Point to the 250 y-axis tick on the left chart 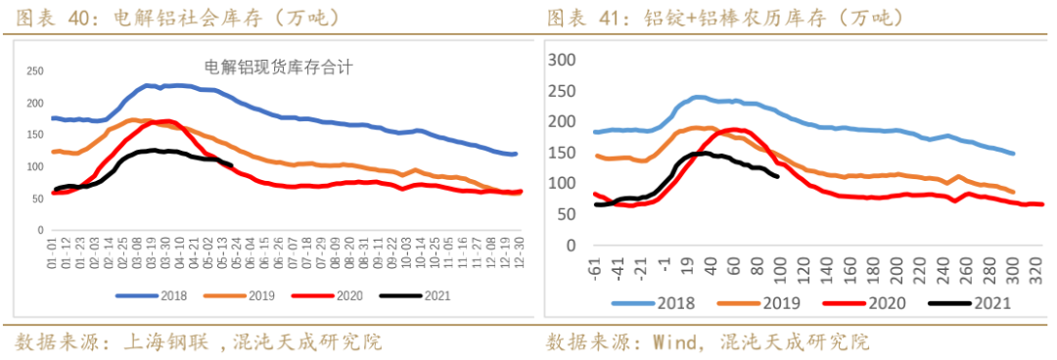pyautogui.click(x=35, y=71)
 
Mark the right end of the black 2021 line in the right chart pyautogui.click(x=777, y=176)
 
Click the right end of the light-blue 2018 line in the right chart pyautogui.click(x=1013, y=154)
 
